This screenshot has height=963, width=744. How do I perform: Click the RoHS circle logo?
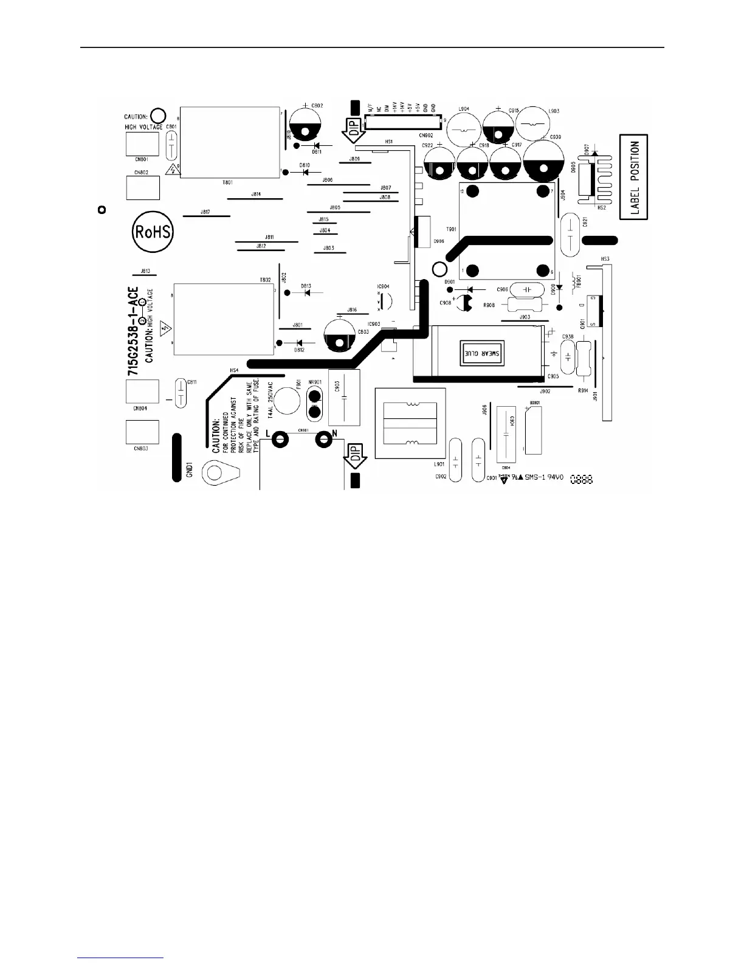[153, 232]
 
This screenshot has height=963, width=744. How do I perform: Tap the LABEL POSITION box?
[634, 177]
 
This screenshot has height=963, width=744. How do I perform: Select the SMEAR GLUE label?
[480, 353]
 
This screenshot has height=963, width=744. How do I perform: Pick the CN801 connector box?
[142, 144]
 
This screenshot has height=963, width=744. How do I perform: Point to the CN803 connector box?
[142, 432]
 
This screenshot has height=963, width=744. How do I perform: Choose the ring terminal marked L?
[280, 439]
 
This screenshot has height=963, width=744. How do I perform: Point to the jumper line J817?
[206, 216]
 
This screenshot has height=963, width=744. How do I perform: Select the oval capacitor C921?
[571, 234]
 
